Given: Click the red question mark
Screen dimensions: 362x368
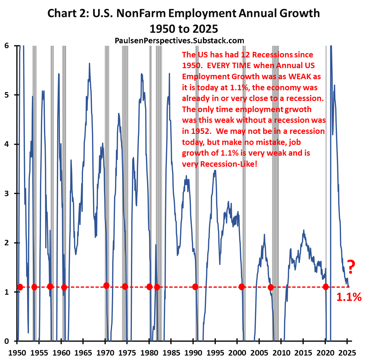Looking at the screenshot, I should (351, 267).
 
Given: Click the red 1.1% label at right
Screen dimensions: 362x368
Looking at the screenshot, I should (349, 297).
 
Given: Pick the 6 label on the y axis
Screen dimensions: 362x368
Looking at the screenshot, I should (7, 46).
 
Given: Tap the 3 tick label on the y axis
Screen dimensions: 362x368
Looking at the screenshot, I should (7, 193).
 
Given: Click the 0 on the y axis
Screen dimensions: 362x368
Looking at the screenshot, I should (7, 341).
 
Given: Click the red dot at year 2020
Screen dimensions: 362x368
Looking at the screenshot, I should (326, 287).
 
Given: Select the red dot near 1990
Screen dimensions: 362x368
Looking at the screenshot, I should (195, 287).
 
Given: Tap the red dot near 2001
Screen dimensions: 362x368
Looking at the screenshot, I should (242, 287).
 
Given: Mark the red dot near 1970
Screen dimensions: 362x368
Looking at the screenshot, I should (106, 286).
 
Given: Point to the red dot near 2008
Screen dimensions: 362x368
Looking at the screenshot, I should (271, 287).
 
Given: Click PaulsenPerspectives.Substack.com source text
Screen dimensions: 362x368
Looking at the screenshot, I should (179, 40).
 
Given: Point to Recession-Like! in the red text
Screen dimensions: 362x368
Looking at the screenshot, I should (229, 164).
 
